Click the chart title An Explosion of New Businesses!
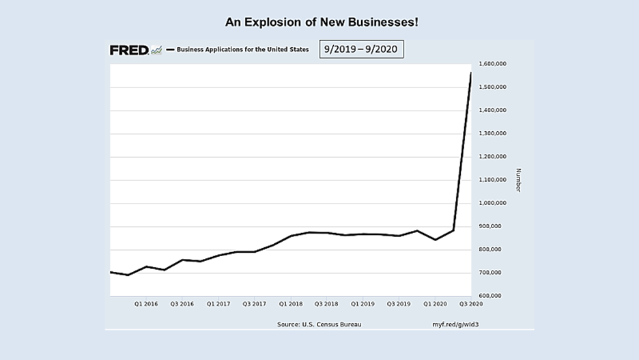tap(322, 23)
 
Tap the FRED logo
tap(129, 50)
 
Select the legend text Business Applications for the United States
tap(242, 49)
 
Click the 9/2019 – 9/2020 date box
tap(361, 50)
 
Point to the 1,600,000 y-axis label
tap(492, 64)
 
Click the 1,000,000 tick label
tap(492, 203)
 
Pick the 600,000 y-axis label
tap(492, 296)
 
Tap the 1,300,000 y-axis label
tap(492, 133)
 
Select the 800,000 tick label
tap(492, 249)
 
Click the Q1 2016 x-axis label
tap(145, 304)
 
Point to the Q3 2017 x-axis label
tap(254, 304)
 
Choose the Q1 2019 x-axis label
tap(363, 304)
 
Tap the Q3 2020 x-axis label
tap(471, 304)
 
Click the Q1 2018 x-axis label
tap(290, 304)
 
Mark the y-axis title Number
tap(518, 180)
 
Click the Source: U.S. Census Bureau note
tap(319, 324)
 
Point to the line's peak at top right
tap(470, 72)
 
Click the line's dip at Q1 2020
tap(436, 240)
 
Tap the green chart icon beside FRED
tap(156, 50)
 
